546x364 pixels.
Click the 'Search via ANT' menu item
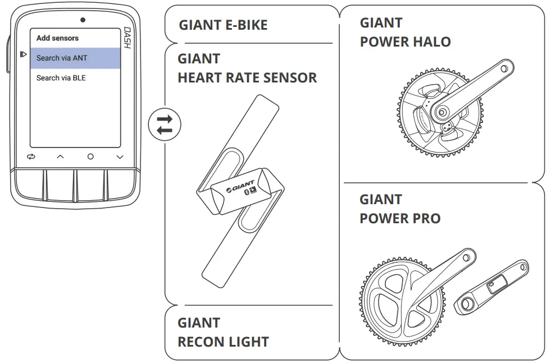(62, 58)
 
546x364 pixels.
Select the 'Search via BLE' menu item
(61, 78)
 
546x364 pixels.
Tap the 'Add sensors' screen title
(57, 38)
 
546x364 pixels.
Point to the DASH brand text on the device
(127, 38)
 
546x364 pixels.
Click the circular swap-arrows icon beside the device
(165, 125)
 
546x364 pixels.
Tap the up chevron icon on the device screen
(60, 157)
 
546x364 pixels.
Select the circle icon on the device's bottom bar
(90, 157)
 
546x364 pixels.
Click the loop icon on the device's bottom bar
(31, 157)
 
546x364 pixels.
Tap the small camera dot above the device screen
(83, 20)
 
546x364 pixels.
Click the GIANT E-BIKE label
(223, 25)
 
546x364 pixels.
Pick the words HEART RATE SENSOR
(247, 78)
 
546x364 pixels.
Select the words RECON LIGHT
(223, 342)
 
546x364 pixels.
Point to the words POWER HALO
(405, 42)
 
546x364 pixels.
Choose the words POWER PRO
(400, 218)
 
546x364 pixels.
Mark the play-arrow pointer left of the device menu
(23, 54)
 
